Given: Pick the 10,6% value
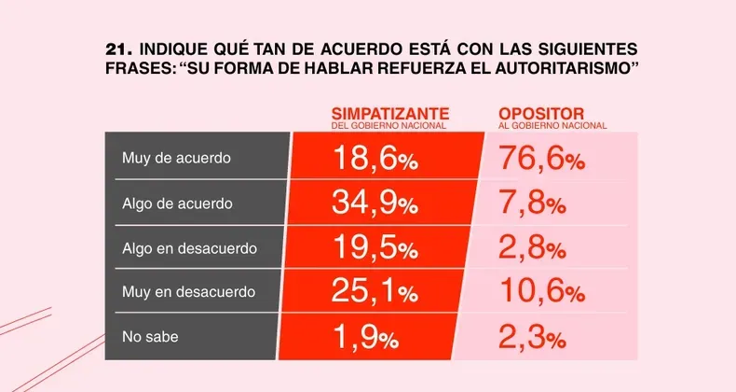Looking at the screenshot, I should click(541, 293).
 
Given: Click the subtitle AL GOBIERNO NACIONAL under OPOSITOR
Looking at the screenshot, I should click(552, 125).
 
